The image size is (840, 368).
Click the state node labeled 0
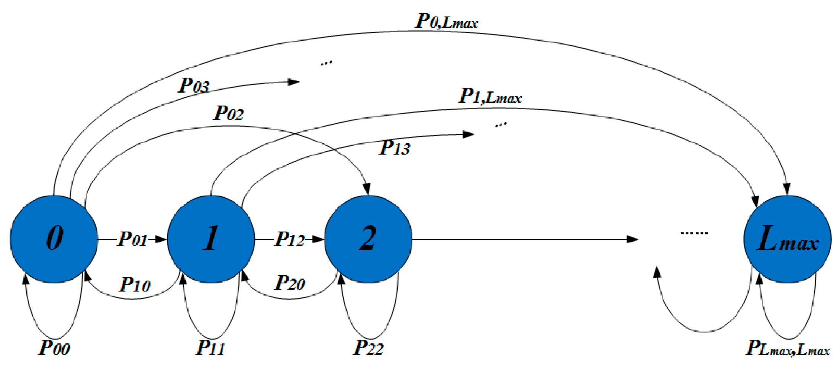(54, 239)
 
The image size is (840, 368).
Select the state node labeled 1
(211, 239)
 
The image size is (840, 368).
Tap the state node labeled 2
(368, 239)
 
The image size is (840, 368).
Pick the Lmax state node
(787, 239)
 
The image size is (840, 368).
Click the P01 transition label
(132, 239)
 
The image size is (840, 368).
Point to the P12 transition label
(290, 239)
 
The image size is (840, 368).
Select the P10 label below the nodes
(135, 285)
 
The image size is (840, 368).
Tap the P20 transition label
(290, 283)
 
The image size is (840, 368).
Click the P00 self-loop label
(54, 348)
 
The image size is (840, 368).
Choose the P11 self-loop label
(210, 348)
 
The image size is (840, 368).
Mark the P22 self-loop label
(368, 348)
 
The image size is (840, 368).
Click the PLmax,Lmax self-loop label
(788, 349)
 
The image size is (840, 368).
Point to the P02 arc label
(228, 113)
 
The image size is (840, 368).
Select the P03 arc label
(194, 86)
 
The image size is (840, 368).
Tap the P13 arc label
(395, 148)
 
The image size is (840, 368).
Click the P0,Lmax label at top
(446, 21)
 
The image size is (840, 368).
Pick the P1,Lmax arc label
(490, 96)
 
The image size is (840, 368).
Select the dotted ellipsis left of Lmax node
(694, 233)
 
